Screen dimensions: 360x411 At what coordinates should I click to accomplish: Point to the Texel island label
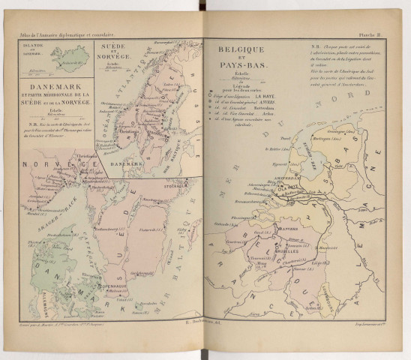[x=286, y=140]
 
